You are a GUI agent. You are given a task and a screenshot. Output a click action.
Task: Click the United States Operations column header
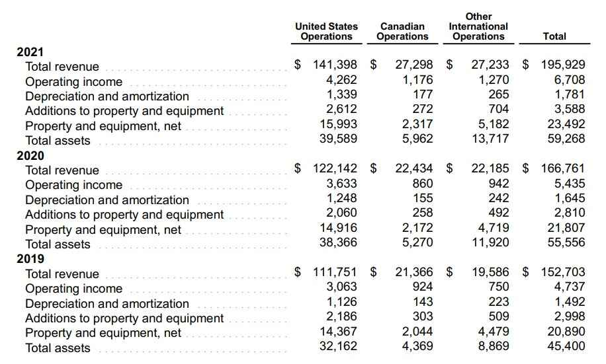pyautogui.click(x=326, y=31)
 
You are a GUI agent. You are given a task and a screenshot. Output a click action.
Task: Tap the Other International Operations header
pyautogui.click(x=478, y=26)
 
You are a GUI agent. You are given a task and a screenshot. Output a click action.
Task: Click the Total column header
pyautogui.click(x=554, y=36)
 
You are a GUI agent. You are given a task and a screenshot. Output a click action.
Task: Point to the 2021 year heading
pyautogui.click(x=30, y=52)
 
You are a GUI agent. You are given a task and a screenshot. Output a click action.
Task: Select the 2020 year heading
pyautogui.click(x=30, y=156)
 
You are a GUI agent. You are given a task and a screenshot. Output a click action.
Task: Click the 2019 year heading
pyautogui.click(x=30, y=259)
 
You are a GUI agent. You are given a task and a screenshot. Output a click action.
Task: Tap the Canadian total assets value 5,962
pyautogui.click(x=417, y=139)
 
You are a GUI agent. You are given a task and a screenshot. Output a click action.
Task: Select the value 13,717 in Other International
pyautogui.click(x=490, y=139)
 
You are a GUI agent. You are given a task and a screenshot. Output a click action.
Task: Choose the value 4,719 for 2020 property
pyautogui.click(x=494, y=228)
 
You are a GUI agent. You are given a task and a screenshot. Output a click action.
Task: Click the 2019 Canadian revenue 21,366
pyautogui.click(x=414, y=272)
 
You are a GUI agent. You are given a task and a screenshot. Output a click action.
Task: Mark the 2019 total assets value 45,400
pyautogui.click(x=566, y=346)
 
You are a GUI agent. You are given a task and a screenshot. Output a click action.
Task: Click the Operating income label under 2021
pyautogui.click(x=73, y=82)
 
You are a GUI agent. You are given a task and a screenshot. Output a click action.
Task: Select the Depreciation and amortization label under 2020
pyautogui.click(x=107, y=200)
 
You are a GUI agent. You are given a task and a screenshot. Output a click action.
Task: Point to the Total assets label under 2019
pyautogui.click(x=58, y=348)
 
